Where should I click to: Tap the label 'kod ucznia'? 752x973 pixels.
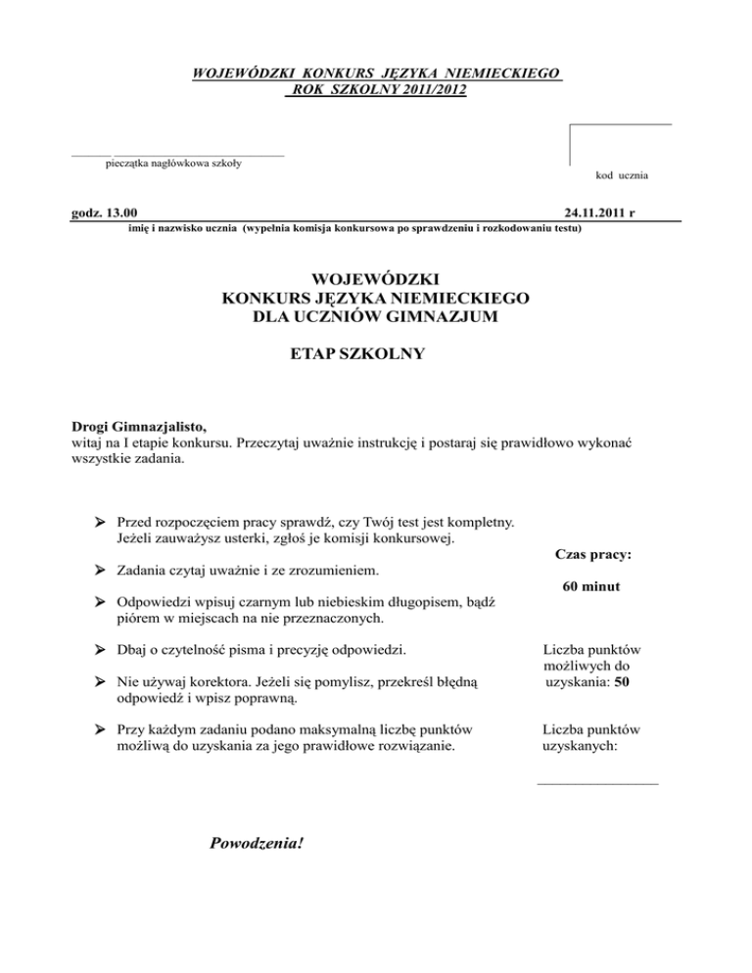point(621,175)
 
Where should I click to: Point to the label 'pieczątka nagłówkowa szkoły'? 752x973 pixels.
point(174,162)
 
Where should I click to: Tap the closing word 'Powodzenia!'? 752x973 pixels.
point(258,839)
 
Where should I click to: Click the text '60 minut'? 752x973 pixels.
point(592,587)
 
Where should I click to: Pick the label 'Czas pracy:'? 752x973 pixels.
point(592,554)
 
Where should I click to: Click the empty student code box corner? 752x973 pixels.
point(571,125)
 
